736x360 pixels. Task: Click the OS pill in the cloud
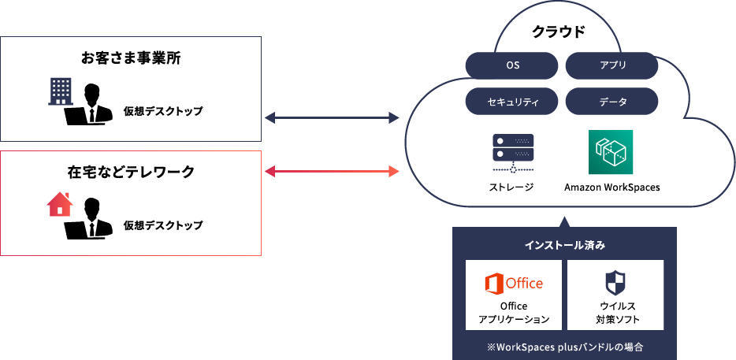[511, 66]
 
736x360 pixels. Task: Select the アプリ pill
[611, 66]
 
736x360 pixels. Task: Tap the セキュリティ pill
[511, 101]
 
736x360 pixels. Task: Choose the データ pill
[611, 101]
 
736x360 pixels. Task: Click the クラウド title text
[559, 32]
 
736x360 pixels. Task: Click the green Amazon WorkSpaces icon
[611, 152]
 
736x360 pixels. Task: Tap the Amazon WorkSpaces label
[612, 187]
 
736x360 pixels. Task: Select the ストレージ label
[511, 187]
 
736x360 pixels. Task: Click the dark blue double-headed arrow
[332, 118]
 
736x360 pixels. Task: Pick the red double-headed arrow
[332, 172]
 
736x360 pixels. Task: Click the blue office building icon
[61, 91]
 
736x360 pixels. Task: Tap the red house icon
[60, 204]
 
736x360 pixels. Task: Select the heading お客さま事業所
[131, 58]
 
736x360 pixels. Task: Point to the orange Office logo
[514, 283]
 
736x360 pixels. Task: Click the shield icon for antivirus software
[615, 283]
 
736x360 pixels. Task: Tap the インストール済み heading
[565, 245]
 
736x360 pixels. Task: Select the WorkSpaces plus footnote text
[565, 348]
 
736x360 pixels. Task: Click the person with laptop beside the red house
[88, 219]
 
